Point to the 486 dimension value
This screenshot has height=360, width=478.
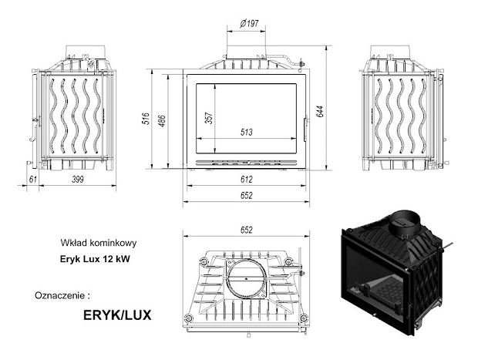click(x=171, y=117)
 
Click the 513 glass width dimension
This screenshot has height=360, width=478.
click(x=247, y=132)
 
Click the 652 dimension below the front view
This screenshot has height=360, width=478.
click(x=247, y=196)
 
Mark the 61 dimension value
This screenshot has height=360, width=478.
click(x=32, y=179)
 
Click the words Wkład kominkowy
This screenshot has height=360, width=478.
click(x=93, y=240)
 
